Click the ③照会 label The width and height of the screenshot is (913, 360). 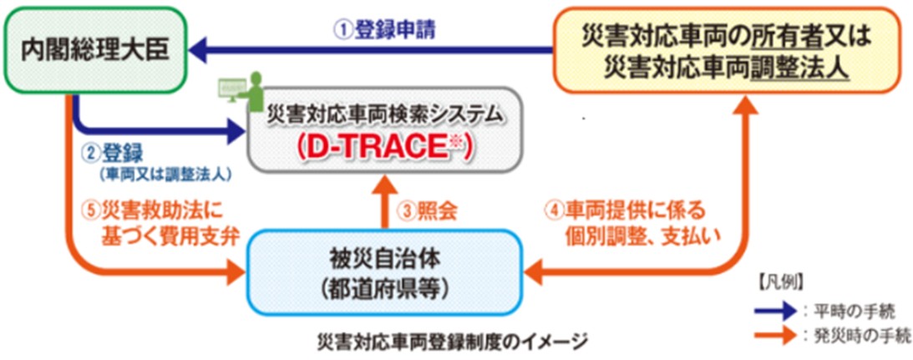[x=428, y=211]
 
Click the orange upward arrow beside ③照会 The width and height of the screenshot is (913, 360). [x=386, y=205]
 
